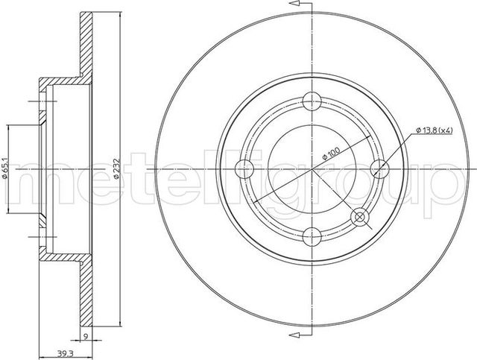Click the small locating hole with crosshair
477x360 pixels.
click(x=361, y=218)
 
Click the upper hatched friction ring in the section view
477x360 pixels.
click(x=85, y=45)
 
